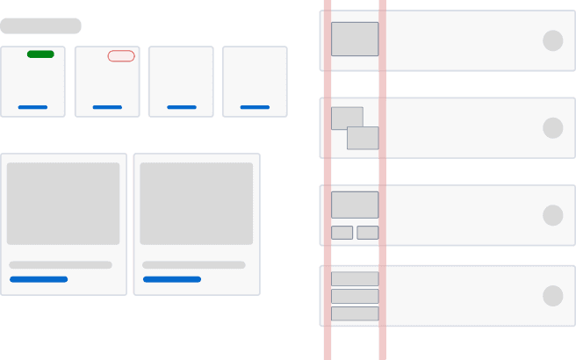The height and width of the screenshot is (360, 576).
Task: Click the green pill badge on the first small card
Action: [x=40, y=54]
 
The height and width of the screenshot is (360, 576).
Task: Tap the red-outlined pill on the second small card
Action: [x=121, y=56]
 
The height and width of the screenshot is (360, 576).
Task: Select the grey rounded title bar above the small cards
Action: [x=41, y=25]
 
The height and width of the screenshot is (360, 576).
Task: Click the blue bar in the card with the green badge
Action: [x=33, y=107]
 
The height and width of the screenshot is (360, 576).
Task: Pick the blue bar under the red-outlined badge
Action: [x=107, y=107]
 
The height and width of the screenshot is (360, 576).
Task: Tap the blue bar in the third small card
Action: [x=182, y=107]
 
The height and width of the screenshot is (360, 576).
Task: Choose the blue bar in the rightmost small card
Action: [x=255, y=107]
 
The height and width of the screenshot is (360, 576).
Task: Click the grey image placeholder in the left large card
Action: [x=63, y=203]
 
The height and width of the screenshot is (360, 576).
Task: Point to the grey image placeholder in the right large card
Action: [x=196, y=203]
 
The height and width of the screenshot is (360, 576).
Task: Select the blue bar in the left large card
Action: [x=39, y=279]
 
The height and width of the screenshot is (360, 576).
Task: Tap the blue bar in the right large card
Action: [x=172, y=279]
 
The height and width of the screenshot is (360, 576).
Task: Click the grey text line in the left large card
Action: [x=61, y=264]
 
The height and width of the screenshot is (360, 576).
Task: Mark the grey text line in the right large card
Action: [x=194, y=264]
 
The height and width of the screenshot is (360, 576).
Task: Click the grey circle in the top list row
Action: [x=552, y=40]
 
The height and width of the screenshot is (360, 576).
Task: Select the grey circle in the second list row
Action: [x=552, y=128]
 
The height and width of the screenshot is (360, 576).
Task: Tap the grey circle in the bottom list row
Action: [x=552, y=296]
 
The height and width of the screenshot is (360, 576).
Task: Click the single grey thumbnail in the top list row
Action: [x=355, y=39]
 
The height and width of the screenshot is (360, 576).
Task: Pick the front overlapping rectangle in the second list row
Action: [x=363, y=138]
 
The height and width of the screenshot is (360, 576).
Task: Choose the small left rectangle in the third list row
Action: [x=342, y=233]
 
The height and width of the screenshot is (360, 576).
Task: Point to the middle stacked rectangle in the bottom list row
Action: [x=355, y=296]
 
